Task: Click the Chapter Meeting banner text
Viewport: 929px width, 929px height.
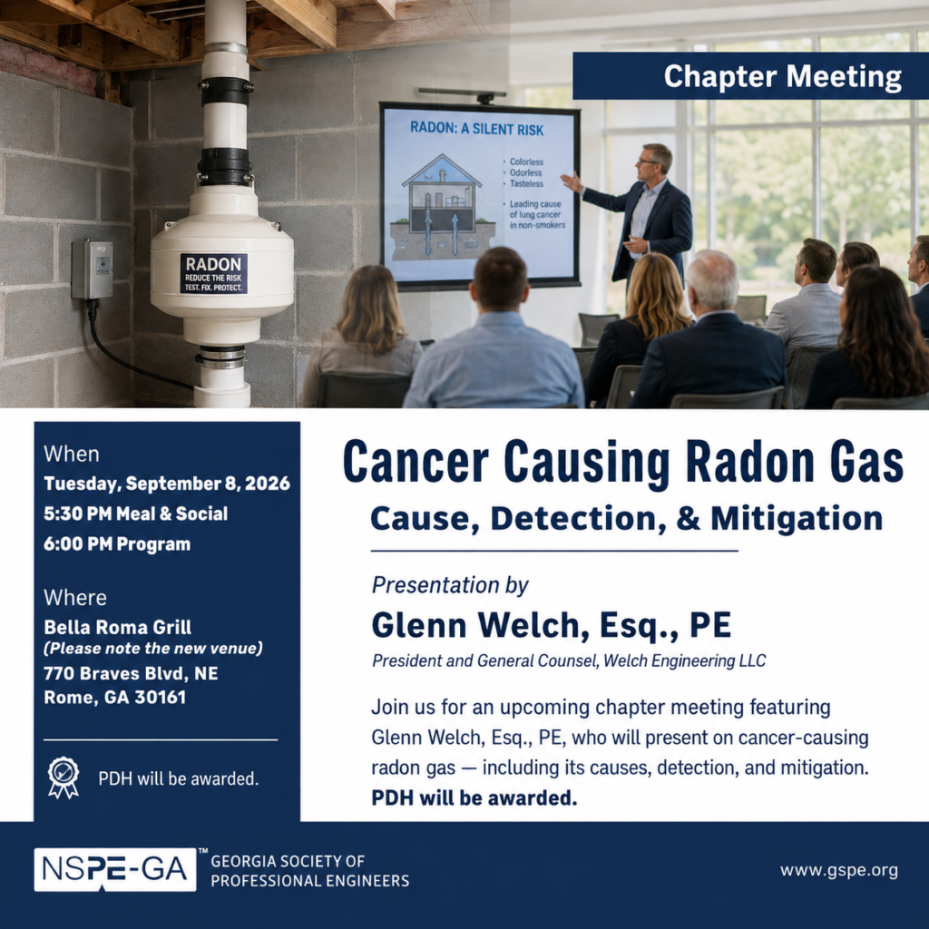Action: [x=783, y=76]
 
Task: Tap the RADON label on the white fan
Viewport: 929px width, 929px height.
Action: [x=213, y=274]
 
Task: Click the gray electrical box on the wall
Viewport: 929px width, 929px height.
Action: [x=93, y=269]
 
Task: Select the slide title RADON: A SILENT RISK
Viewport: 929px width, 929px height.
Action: [x=477, y=129]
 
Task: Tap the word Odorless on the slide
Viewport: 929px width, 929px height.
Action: [x=525, y=172]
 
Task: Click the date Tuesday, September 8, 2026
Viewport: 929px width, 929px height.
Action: [x=167, y=484]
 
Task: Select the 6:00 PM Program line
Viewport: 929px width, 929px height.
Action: [x=117, y=544]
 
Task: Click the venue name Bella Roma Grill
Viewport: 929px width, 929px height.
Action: [x=117, y=627]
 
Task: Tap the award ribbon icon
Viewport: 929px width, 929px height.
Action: [x=64, y=777]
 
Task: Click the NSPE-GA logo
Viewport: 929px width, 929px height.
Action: [x=115, y=870]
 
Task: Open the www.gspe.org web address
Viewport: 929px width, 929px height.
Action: [x=839, y=870]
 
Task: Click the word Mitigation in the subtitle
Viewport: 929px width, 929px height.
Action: [x=797, y=518]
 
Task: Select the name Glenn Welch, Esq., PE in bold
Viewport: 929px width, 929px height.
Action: [x=552, y=625]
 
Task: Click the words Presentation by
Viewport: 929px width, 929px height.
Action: [x=450, y=585]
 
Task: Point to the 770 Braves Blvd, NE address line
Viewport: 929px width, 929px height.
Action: [x=131, y=673]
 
